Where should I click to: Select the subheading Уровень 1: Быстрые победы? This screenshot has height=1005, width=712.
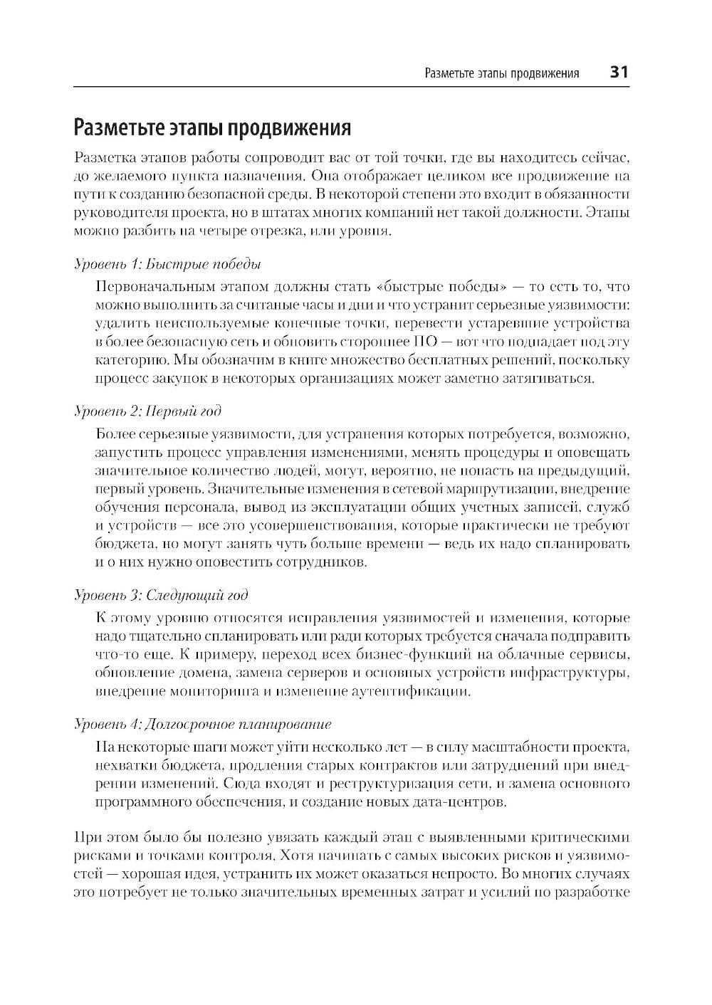(168, 264)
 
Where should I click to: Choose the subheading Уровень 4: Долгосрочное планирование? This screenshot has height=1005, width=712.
(203, 724)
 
